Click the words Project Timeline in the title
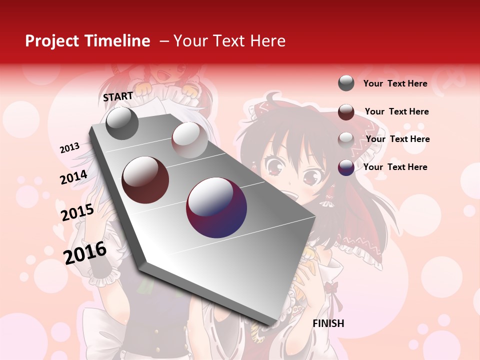click(x=87, y=41)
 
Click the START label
click(x=118, y=96)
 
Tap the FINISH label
click(x=328, y=323)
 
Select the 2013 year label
click(x=69, y=148)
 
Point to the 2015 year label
click(x=77, y=212)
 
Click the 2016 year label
click(x=85, y=253)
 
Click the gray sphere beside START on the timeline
click(x=122, y=123)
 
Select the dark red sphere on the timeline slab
click(x=145, y=179)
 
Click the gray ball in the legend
click(x=346, y=83)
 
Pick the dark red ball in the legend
click(x=346, y=112)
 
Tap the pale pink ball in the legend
click(x=346, y=139)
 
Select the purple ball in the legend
click(x=346, y=167)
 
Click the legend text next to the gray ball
click(x=395, y=83)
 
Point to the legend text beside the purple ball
click(x=395, y=167)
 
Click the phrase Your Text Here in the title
click(x=229, y=41)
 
